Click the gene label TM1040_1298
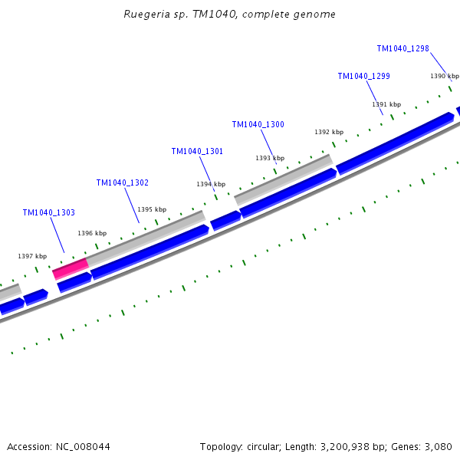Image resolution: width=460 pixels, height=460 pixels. (402, 48)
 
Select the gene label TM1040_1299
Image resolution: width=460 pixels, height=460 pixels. (363, 76)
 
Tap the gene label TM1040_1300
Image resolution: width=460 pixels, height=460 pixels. (258, 124)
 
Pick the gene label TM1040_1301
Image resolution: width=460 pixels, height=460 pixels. (197, 151)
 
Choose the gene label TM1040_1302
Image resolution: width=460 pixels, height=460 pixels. (122, 182)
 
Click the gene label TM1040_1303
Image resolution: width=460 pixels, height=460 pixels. (48, 212)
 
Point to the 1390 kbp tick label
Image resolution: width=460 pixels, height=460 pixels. (444, 76)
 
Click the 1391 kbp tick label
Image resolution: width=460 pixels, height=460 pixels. (386, 104)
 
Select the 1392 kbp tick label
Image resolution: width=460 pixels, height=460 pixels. (328, 132)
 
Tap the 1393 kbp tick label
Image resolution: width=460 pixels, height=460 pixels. (269, 158)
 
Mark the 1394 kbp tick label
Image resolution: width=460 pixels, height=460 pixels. (211, 184)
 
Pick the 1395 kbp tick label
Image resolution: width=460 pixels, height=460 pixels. (151, 209)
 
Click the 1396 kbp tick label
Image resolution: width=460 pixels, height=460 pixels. (91, 233)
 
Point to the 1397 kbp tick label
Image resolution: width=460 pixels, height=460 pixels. (32, 256)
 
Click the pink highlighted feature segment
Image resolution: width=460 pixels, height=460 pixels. (71, 268)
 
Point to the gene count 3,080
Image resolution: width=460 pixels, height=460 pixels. (438, 446)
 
